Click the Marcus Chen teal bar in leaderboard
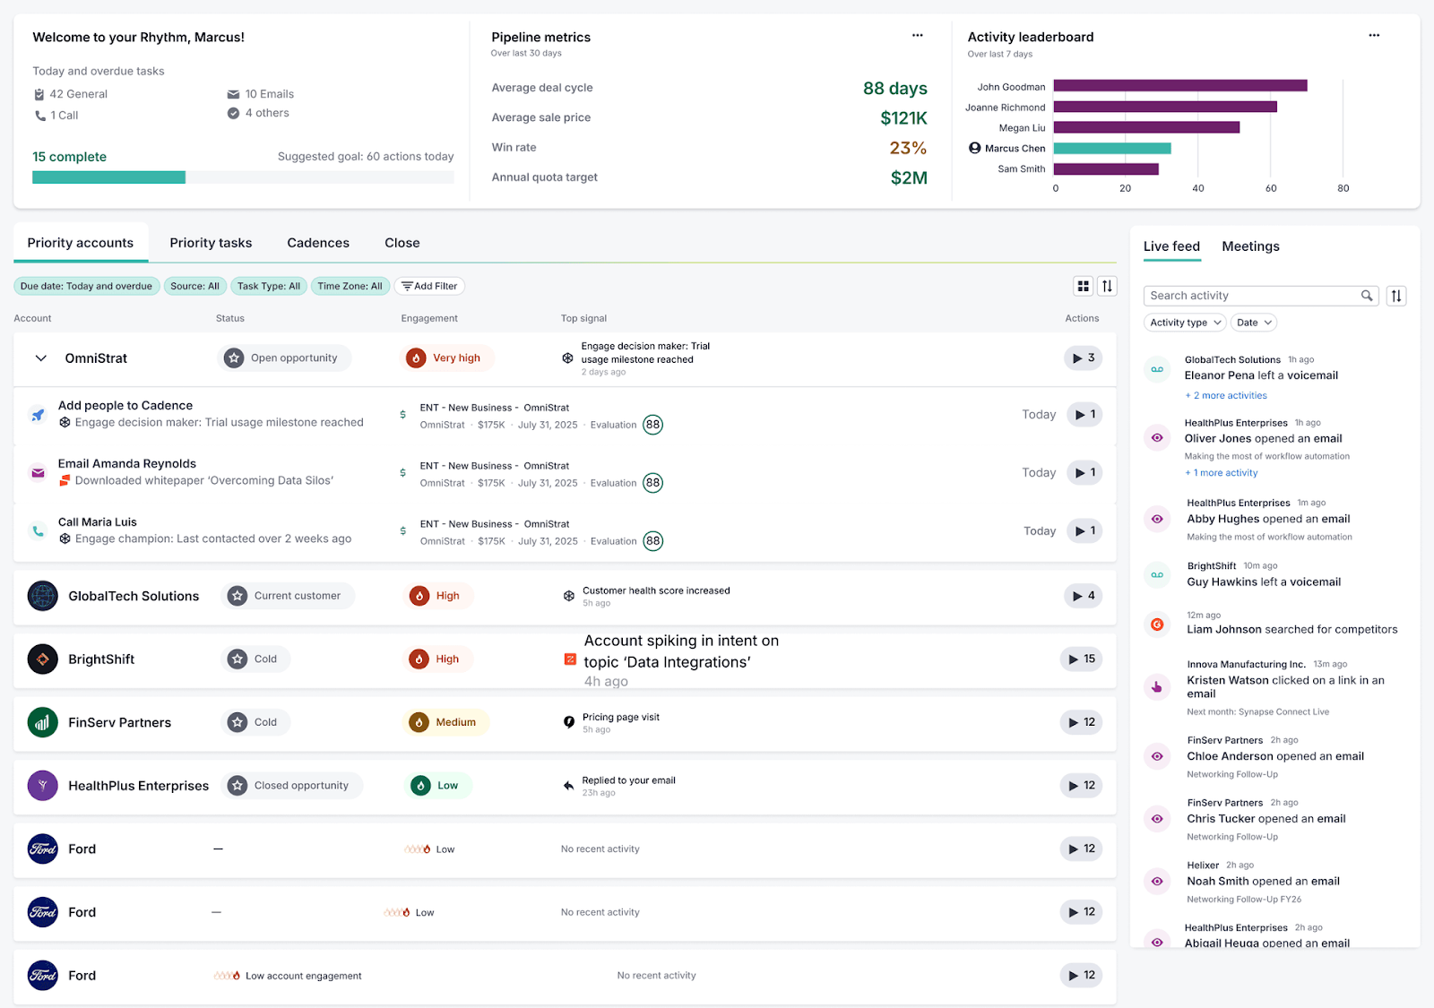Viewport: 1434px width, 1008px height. tap(1111, 149)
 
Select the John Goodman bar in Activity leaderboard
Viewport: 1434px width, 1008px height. tap(1179, 86)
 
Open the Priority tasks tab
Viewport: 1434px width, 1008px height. tap(211, 243)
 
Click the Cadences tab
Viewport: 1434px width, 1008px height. tap(318, 243)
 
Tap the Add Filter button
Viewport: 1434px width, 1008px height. tap(429, 287)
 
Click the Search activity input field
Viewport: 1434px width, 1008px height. tap(1253, 296)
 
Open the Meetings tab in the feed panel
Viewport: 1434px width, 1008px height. tap(1250, 246)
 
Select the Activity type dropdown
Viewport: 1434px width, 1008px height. tap(1185, 323)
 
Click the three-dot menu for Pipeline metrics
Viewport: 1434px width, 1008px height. tap(917, 36)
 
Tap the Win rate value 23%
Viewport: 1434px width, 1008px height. tap(907, 148)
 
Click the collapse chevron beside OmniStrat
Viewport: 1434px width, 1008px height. tap(40, 358)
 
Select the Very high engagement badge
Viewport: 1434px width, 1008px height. tap(446, 358)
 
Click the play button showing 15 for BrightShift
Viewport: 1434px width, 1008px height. tap(1082, 659)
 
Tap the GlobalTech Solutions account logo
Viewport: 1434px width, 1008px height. tap(42, 596)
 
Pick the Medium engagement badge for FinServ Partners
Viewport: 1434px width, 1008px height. tap(445, 722)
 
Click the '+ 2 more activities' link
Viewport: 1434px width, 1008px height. tap(1226, 395)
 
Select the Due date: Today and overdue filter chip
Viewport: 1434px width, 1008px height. tap(86, 287)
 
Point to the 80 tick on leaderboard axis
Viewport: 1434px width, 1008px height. tap(1343, 188)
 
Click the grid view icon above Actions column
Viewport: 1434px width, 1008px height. tap(1083, 286)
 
